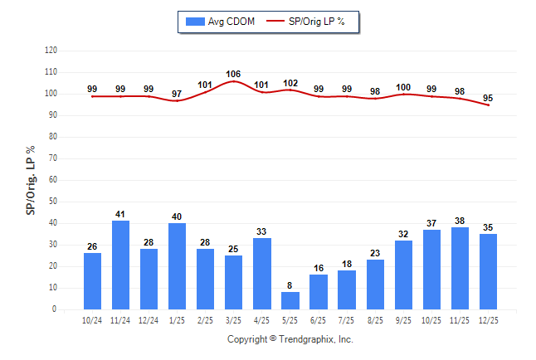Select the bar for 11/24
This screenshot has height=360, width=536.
[121, 265]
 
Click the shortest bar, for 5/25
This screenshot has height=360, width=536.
[290, 300]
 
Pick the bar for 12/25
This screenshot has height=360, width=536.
[488, 271]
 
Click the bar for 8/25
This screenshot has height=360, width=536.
[375, 285]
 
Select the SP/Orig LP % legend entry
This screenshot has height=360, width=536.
[311, 21]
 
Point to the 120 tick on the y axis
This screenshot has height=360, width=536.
[51, 50]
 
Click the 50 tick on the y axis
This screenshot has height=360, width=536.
[53, 202]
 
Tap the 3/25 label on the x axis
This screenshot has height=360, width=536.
[234, 320]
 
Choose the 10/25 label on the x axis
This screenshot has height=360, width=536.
[431, 320]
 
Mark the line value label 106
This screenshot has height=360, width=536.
[234, 74]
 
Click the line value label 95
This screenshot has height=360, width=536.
[488, 97]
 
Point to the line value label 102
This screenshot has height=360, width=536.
[290, 83]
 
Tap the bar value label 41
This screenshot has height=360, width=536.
[121, 213]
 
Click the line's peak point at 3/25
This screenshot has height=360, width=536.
[234, 81]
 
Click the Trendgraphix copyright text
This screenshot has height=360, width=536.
[290, 339]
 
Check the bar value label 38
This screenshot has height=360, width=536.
[460, 220]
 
